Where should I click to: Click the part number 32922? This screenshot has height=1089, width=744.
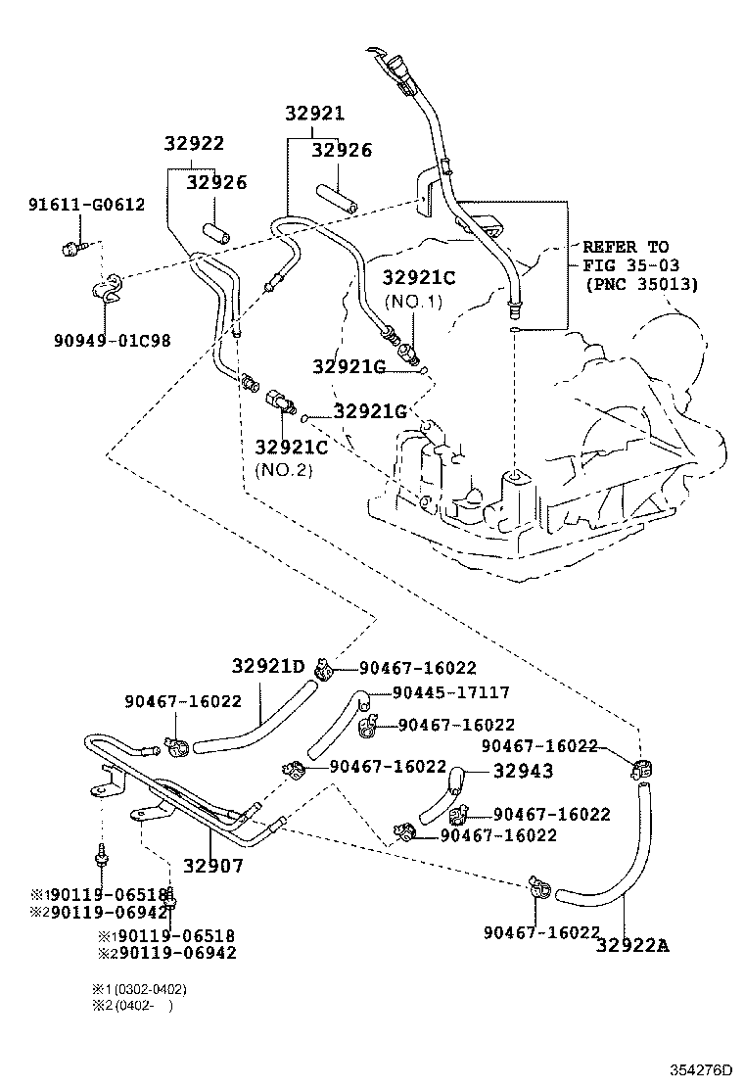pos(193,144)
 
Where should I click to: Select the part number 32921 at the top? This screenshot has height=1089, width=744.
pos(315,114)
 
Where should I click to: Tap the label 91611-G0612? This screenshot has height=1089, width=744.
pos(86,205)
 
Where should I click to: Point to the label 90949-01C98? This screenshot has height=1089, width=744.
pos(113,340)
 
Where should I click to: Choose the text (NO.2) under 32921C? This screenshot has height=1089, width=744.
pos(284,469)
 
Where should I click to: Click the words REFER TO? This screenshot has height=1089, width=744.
pos(626,247)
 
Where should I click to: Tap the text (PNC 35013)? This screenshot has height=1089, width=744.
pos(642,285)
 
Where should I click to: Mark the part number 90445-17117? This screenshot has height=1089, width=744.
pos(450,692)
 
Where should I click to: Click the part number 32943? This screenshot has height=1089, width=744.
pos(523,771)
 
